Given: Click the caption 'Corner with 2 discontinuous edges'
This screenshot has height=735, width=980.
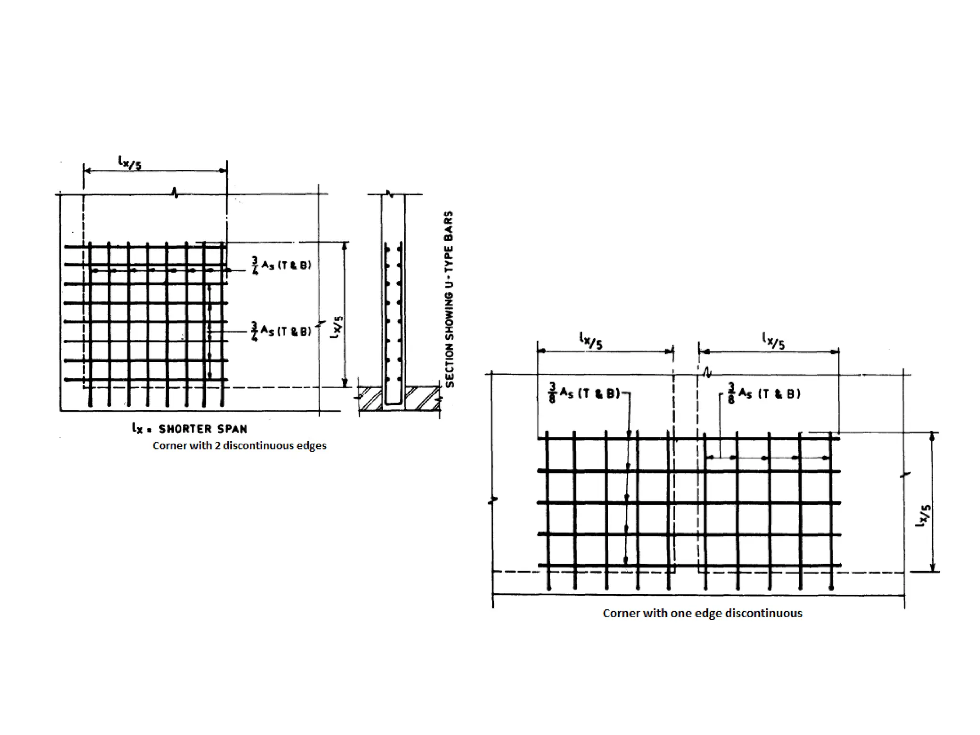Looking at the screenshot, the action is [239, 446].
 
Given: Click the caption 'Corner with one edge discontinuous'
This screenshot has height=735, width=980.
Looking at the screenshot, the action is [702, 613].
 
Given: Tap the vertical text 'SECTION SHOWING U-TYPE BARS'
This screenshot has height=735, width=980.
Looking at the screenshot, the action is [449, 299].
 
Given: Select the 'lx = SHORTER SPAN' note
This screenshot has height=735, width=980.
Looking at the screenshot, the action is [189, 428].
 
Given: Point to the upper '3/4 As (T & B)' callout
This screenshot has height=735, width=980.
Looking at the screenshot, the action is [281, 265].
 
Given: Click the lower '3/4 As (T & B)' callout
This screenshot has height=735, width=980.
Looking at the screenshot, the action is [281, 331].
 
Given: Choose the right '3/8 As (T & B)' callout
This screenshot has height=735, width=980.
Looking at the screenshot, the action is [764, 394].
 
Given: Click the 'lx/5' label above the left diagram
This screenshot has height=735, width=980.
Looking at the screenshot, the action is [130, 163].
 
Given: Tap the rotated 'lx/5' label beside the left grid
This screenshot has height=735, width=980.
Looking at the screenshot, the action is [337, 327].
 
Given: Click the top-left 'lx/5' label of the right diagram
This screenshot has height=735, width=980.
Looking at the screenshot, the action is [591, 340].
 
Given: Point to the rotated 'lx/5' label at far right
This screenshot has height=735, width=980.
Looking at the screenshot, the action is [924, 516].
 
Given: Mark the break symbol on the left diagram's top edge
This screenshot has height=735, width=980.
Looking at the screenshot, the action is [176, 193].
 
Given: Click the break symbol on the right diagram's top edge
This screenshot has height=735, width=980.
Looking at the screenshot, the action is [707, 373].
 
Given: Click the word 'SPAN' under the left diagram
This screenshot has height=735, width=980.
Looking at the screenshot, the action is [233, 428].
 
